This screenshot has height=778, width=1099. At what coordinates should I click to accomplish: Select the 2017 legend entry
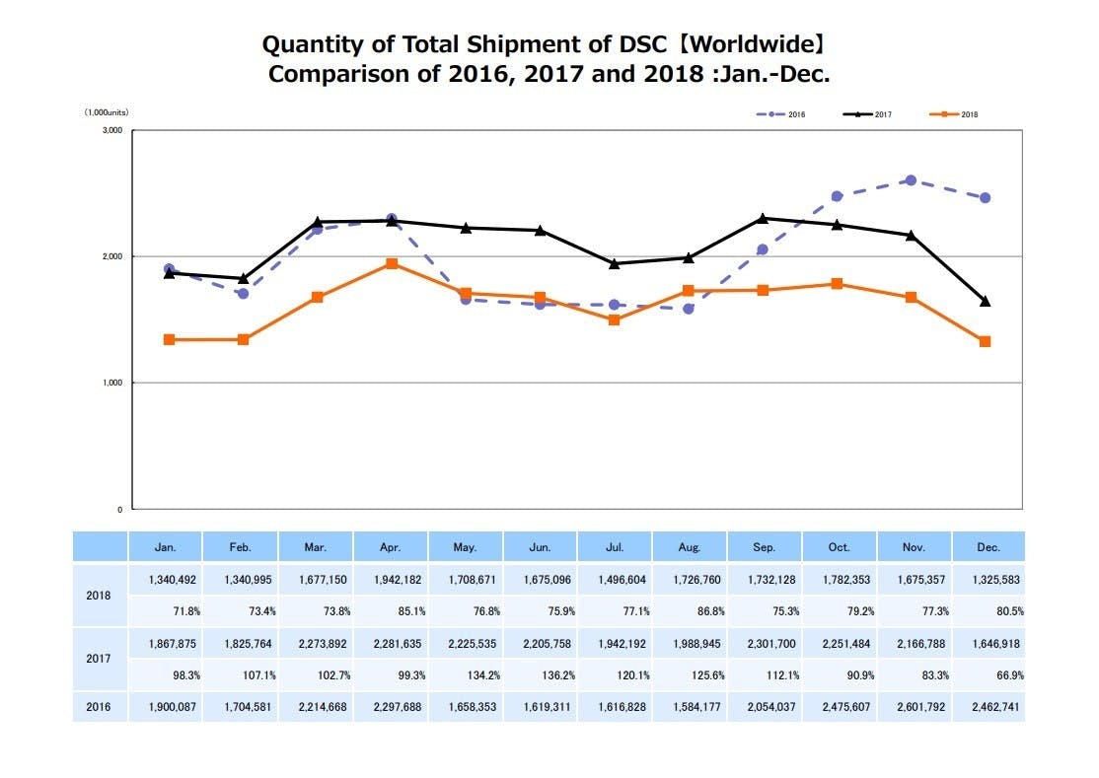867,114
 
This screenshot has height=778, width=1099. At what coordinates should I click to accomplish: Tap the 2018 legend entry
954,114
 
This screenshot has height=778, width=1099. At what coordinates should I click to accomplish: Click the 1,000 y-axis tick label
110,383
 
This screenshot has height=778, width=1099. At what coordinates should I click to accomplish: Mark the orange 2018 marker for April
392,264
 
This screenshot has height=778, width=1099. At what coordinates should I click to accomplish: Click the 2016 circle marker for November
911,180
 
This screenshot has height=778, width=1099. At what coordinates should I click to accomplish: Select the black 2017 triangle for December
985,301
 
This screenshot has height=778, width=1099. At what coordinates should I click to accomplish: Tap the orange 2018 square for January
169,339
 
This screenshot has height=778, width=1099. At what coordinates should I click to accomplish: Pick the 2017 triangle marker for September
763,218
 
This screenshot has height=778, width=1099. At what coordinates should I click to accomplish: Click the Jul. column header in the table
614,547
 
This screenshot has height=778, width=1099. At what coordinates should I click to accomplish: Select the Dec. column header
988,547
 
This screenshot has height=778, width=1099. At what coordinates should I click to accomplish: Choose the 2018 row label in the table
100,596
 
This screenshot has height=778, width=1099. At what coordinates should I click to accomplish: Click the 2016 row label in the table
100,707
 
